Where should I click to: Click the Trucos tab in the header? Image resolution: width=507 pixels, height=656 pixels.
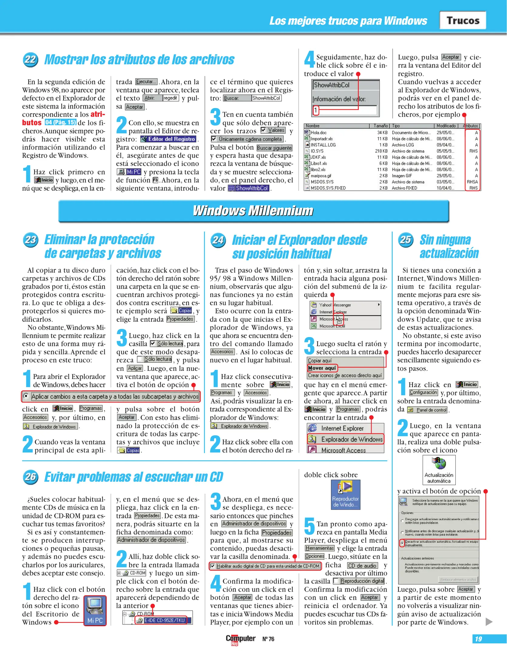tap(463, 20)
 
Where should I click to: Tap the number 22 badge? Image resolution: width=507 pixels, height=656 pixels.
tap(30, 59)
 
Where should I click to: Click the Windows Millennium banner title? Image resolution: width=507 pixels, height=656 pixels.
tap(253, 211)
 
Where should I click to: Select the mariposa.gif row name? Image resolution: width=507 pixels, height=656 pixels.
tap(321, 176)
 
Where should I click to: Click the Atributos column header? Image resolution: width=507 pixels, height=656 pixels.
tap(471, 126)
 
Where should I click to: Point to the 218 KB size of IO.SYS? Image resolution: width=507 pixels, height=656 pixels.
tap(381, 151)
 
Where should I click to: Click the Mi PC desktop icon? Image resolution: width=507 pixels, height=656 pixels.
tap(95, 610)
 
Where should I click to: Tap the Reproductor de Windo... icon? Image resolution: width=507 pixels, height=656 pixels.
tap(345, 494)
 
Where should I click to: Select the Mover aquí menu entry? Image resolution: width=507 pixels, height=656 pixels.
tap(322, 368)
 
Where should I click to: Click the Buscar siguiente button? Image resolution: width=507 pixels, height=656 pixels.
tap(274, 148)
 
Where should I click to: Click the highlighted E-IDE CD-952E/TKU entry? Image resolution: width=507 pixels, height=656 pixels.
tap(164, 620)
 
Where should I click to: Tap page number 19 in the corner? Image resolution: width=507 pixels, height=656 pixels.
tap(478, 639)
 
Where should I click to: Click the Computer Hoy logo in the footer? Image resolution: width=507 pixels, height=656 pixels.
tap(240, 639)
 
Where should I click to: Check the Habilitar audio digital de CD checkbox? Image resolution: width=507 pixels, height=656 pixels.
tap(213, 566)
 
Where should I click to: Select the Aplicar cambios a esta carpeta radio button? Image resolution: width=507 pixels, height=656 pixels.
tap(26, 396)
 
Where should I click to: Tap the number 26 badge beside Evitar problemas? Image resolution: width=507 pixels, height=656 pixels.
tap(30, 477)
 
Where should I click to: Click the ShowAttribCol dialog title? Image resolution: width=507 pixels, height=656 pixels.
tap(332, 85)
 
